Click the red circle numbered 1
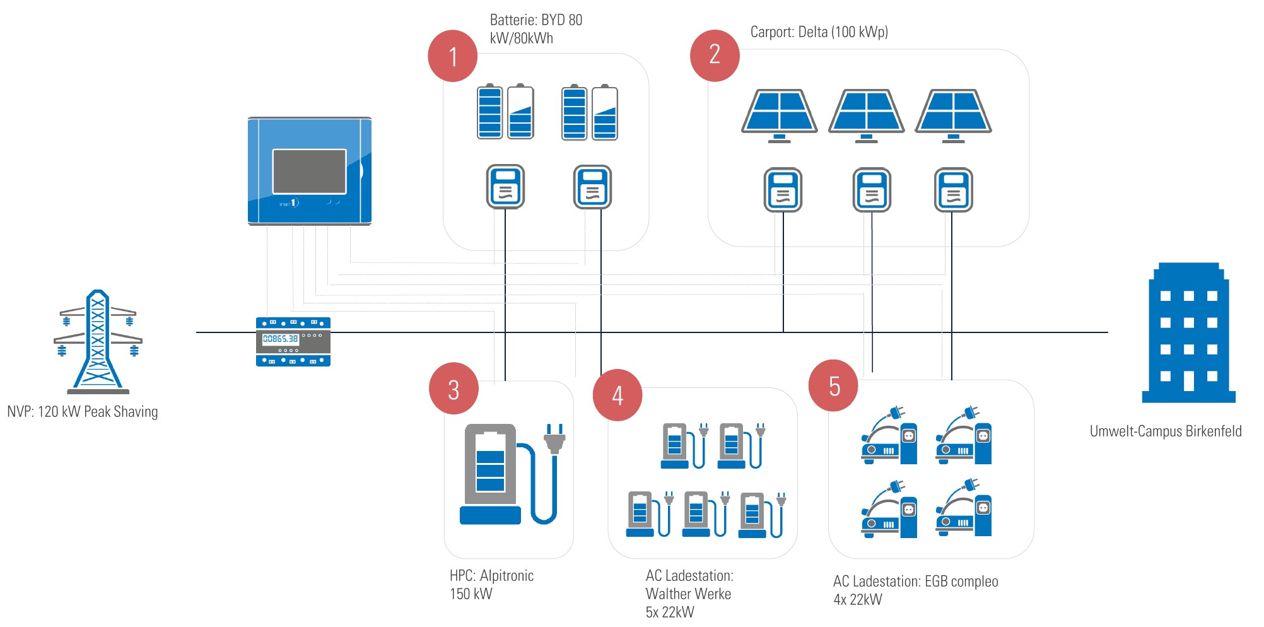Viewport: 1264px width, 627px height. coord(452,56)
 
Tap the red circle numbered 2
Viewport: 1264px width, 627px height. coord(715,55)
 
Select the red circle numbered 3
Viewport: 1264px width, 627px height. coord(454,389)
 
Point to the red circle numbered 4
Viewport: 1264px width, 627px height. coord(617,395)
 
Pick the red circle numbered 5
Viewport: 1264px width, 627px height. coord(834,385)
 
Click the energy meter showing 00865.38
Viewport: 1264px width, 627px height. coord(293,341)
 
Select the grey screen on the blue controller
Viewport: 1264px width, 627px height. coord(309,172)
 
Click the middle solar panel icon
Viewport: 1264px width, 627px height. coord(866,114)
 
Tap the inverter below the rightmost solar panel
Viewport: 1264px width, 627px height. coord(953,189)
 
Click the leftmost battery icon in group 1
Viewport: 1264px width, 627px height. coord(489,112)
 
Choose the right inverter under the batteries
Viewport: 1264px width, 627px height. coord(592,187)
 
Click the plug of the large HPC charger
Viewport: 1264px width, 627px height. coord(554,438)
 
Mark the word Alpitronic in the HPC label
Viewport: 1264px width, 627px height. coord(506,575)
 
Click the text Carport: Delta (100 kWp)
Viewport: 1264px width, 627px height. coord(819,32)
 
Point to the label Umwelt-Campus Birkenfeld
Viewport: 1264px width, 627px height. coord(1165,431)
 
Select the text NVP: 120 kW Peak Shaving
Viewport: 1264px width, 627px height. coord(83,412)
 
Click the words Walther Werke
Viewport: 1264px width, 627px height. coord(688,594)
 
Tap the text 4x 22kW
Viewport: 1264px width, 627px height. coord(857,599)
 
